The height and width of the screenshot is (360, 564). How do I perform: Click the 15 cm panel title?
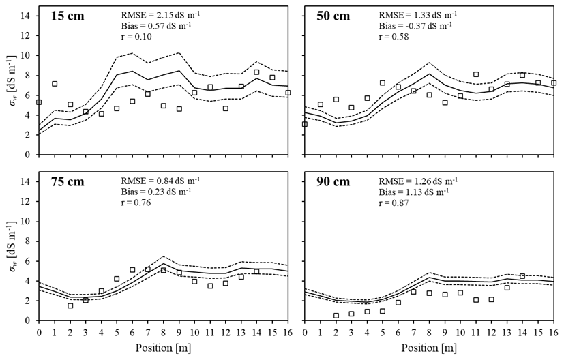point(68,16)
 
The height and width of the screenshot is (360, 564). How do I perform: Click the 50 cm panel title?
point(333,16)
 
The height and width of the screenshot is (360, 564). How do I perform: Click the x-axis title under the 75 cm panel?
point(160,348)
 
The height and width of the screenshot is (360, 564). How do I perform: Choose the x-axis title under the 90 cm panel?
point(428,348)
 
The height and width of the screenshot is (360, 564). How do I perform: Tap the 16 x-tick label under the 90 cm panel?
point(554,332)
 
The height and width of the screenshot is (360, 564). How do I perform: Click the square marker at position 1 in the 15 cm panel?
point(55,84)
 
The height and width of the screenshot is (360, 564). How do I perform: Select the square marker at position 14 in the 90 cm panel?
point(522,276)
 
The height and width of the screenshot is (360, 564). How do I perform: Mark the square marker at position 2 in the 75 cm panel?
point(70,305)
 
